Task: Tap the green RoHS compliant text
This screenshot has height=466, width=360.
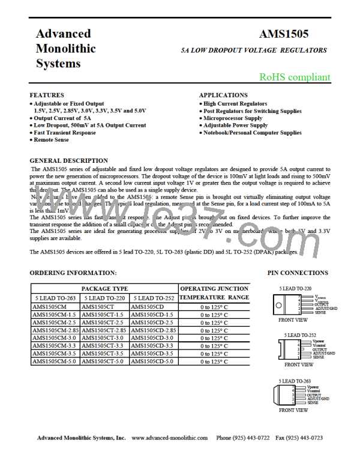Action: [x=294, y=77]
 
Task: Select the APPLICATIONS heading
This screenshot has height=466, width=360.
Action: [x=223, y=95]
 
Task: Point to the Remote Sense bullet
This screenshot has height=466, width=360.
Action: [x=51, y=140]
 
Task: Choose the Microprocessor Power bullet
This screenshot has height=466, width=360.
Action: [x=234, y=118]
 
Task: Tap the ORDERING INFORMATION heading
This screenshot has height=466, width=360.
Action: [x=68, y=273]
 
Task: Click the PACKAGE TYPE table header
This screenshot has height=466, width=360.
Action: [x=105, y=289]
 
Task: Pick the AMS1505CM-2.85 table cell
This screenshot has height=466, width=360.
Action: [x=55, y=330]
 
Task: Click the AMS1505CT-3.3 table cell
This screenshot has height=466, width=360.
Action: [x=106, y=346]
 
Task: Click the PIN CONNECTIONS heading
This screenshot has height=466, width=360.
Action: [x=298, y=273]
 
